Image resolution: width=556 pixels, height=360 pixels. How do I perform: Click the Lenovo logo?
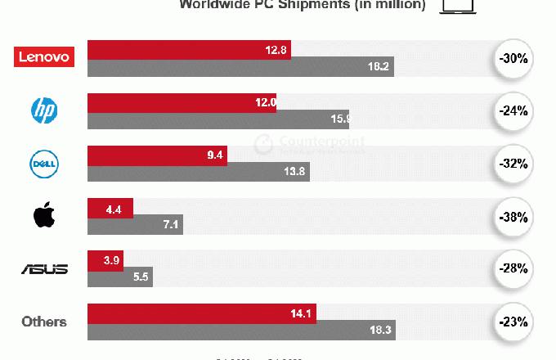pos(45,56)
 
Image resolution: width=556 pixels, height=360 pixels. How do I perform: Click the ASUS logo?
pos(44,268)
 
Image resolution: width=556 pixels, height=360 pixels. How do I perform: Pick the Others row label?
pos(44,321)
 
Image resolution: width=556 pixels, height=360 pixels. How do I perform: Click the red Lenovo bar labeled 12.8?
pos(188,49)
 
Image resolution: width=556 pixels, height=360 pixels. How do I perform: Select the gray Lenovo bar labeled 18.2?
pos(240,67)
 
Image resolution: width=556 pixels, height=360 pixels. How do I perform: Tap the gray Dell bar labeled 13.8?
pos(198,173)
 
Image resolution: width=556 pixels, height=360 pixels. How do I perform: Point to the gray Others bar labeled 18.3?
pos(240,331)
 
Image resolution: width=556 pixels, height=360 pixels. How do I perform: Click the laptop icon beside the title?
pos(458,6)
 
